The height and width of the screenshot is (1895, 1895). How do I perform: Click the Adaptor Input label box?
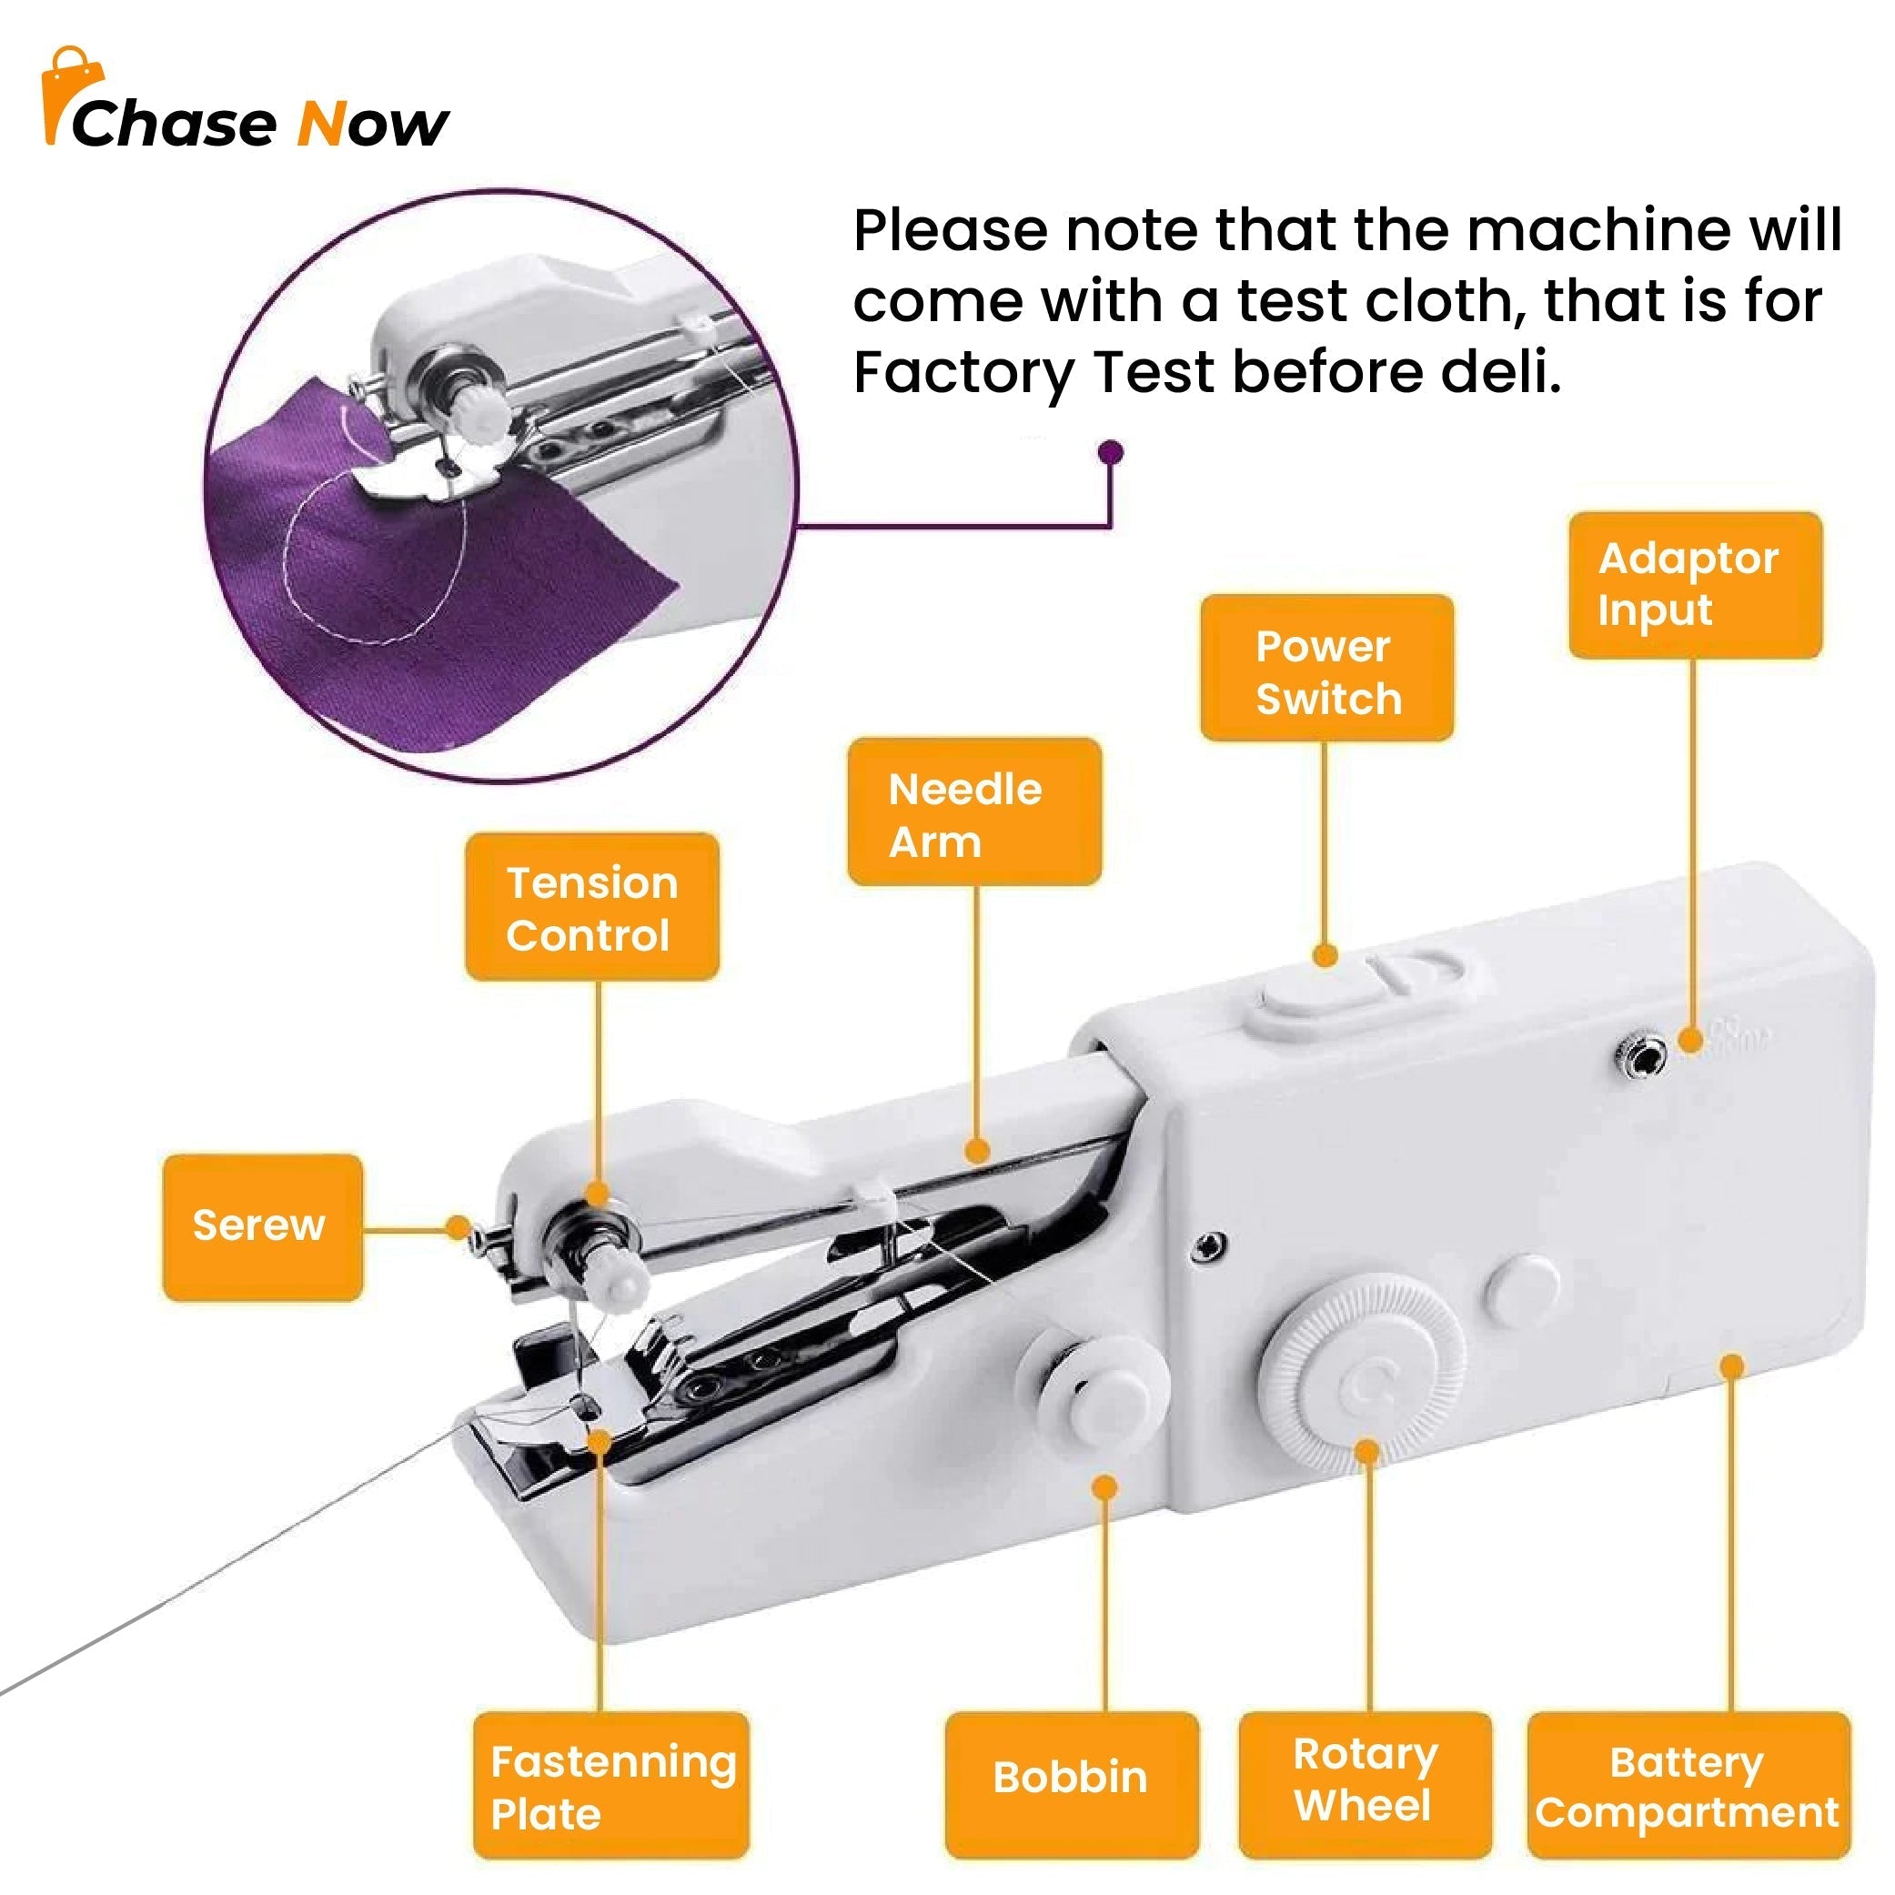pos(1694,585)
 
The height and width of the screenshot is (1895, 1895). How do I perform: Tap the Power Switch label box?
pos(1326,667)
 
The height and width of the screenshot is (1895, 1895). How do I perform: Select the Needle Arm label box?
pos(974,811)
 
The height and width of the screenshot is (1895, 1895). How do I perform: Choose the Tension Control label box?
pos(591,906)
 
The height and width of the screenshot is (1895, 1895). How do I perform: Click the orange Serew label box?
pos(262,1227)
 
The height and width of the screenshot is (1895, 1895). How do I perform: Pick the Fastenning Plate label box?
pos(611,1785)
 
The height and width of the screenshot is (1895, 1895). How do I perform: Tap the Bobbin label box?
pos(1072,1785)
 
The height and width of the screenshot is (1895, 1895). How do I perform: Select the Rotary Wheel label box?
pos(1366,1785)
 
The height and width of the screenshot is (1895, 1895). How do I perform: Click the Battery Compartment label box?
pos(1689,1785)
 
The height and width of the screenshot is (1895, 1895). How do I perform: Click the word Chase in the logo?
pos(174,125)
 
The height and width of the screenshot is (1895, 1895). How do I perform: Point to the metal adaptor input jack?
pos(1639,1055)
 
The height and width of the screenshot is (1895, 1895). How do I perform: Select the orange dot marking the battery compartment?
pos(1732,1366)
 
